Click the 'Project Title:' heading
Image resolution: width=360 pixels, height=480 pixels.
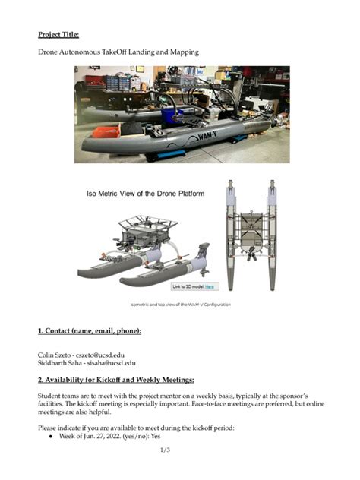58,34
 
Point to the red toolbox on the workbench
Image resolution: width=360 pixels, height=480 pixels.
94,79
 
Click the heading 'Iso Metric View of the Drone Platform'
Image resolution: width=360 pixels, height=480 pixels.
144,194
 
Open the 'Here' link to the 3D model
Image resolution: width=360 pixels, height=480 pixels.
209,286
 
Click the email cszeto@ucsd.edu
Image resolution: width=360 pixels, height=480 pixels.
99,355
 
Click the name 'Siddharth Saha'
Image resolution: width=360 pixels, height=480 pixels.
60,363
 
